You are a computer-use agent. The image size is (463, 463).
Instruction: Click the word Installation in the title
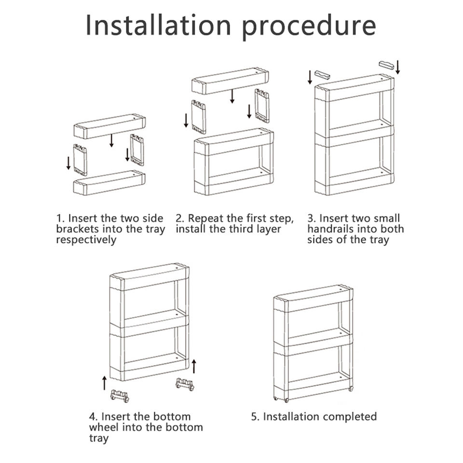[x=158, y=26]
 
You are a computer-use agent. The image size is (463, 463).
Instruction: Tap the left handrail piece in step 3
[x=323, y=75]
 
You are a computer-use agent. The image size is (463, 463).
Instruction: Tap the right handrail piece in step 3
[x=386, y=65]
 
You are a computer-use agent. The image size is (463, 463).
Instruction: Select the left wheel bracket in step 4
[x=120, y=395]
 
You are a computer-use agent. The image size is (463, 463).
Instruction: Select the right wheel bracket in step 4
[x=185, y=384]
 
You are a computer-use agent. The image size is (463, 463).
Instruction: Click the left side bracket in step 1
[x=80, y=160]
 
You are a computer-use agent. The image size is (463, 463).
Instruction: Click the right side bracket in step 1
[x=137, y=150]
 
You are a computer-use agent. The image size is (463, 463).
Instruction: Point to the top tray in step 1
[x=109, y=126]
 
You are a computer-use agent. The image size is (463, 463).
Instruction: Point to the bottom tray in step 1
[x=109, y=183]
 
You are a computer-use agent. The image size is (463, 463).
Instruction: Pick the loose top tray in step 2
[x=231, y=81]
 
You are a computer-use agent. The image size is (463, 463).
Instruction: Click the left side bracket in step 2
[x=198, y=117]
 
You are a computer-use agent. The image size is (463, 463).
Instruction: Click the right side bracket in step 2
[x=262, y=106]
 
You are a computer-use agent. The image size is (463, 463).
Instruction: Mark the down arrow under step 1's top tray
[x=111, y=140]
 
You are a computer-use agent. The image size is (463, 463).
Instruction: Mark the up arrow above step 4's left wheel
[x=104, y=382]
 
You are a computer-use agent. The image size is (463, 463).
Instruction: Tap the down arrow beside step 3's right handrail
[x=398, y=68]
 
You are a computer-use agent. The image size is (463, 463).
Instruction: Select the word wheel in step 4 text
[x=103, y=427]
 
